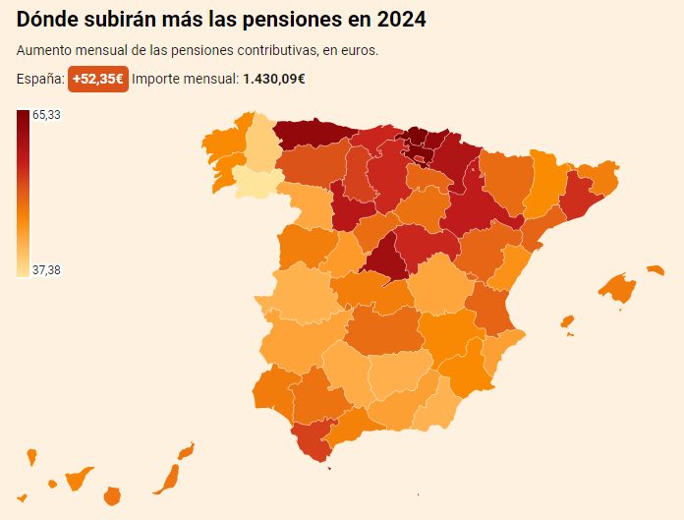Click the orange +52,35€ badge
pos(97,80)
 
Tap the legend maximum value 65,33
pos(47,115)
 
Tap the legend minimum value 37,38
pos(47,270)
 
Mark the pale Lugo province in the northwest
pos(261,145)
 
